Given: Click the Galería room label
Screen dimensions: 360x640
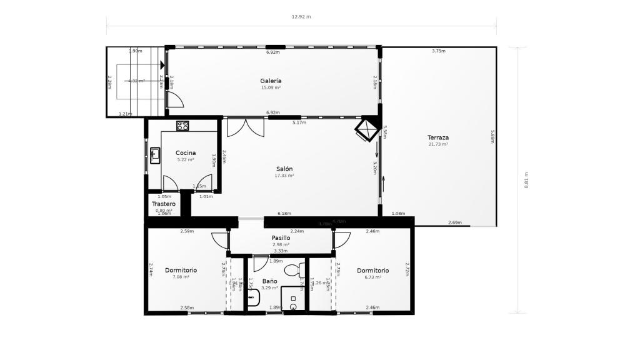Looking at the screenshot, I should [x=271, y=81].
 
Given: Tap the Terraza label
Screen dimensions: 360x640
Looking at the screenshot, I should [x=438, y=137].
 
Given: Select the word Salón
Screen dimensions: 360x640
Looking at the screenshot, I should [x=284, y=169].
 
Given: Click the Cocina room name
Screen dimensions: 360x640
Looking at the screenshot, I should [x=186, y=152].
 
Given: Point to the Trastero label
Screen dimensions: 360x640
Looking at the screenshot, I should [x=164, y=204].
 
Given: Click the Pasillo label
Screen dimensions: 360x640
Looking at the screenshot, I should [x=281, y=238].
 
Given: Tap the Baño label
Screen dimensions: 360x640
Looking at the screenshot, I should [x=269, y=281].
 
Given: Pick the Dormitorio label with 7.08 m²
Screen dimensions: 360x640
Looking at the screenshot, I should [x=181, y=271].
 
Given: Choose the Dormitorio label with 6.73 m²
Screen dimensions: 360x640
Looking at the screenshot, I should [x=373, y=271].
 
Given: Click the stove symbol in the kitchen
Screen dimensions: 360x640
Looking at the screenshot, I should [x=182, y=126].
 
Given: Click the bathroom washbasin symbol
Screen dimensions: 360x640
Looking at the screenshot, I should [x=253, y=297].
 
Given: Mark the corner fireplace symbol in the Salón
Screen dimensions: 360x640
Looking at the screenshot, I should [x=365, y=131].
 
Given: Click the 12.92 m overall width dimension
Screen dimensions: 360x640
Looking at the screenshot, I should [x=301, y=16].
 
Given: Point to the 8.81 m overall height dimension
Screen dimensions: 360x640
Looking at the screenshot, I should [x=526, y=180].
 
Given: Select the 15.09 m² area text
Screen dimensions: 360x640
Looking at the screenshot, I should [x=271, y=88].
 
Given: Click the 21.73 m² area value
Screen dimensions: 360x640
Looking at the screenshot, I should [x=438, y=144].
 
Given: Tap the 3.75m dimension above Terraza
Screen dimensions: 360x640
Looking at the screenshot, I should [x=439, y=51].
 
